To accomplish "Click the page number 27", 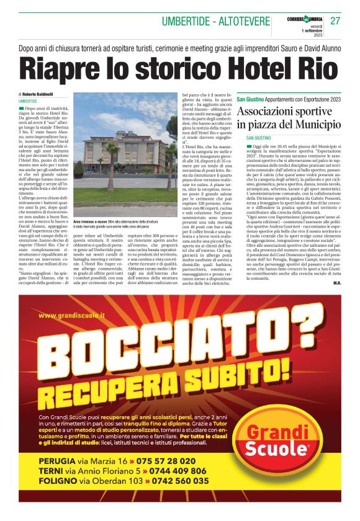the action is click(x=336, y=21).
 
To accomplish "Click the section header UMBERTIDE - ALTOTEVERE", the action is click(x=215, y=22).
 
